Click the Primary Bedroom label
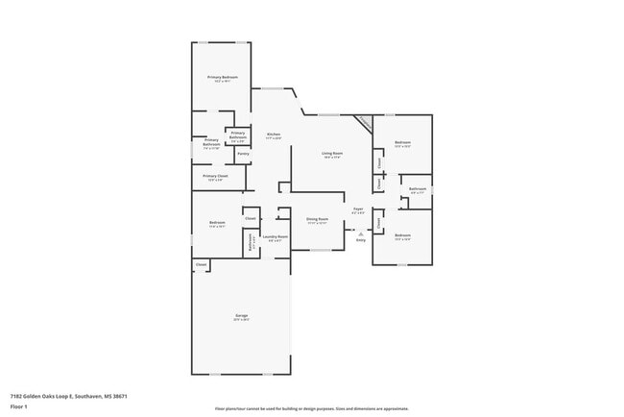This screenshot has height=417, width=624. [222, 77]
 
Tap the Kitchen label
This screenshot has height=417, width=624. [273, 135]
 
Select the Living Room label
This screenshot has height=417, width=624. [332, 154]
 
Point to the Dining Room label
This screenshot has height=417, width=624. [317, 219]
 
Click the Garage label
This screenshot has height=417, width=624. [241, 316]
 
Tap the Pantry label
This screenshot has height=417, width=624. [243, 154]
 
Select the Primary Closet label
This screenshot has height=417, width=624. [216, 176]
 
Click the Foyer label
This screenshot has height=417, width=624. [357, 208]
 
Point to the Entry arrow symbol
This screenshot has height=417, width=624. [361, 233]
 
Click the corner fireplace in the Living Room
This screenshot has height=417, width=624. [363, 123]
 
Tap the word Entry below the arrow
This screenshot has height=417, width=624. [361, 240]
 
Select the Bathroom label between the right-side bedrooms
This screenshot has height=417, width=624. [418, 189]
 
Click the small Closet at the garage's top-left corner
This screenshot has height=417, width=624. [201, 264]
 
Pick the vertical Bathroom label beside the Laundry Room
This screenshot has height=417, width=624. [251, 244]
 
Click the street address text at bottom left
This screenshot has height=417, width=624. [69, 396]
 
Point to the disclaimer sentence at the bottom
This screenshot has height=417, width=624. [312, 407]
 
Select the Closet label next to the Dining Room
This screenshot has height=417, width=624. [250, 219]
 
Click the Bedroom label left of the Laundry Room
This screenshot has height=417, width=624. [217, 224]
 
